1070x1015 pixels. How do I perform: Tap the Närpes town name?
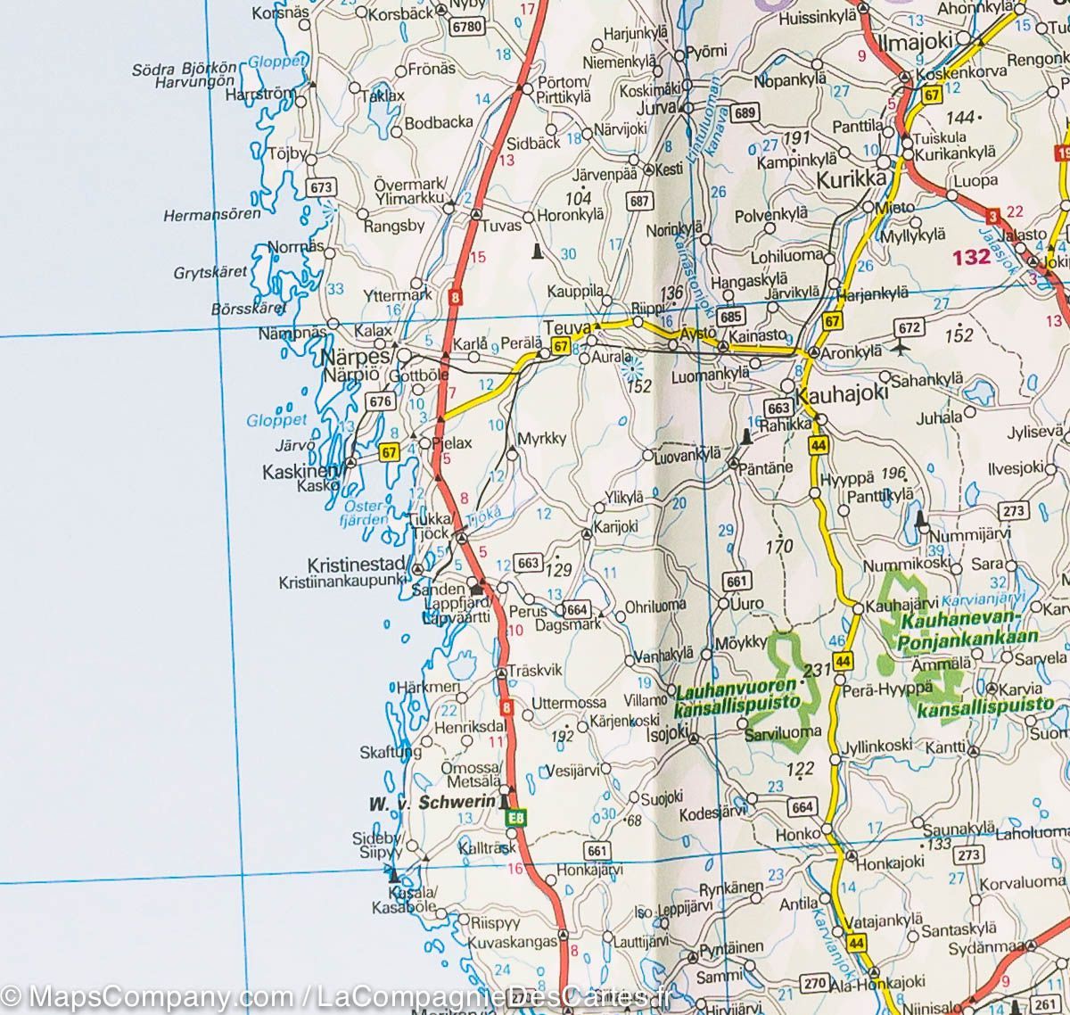click(357, 356)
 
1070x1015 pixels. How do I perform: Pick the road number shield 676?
click(381, 401)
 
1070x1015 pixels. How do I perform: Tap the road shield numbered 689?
click(745, 112)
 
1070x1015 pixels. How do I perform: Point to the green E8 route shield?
click(516, 817)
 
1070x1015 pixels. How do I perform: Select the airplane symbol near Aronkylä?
click(908, 347)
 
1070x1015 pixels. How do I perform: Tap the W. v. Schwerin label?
click(432, 803)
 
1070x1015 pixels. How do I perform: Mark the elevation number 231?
click(817, 669)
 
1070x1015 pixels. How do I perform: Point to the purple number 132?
click(971, 258)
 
